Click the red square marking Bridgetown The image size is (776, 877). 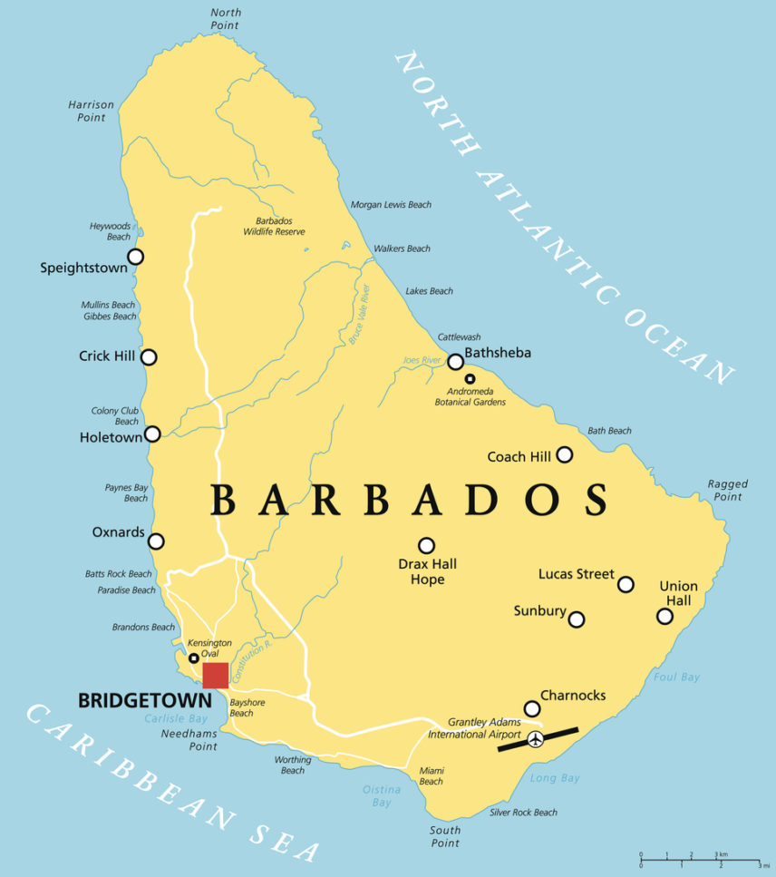click(x=215, y=676)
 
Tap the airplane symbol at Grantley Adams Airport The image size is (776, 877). click(x=536, y=739)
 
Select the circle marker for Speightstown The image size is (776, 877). click(x=135, y=257)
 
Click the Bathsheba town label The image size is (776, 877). click(x=498, y=353)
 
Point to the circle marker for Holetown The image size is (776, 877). click(x=152, y=434)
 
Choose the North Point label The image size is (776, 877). click(x=226, y=19)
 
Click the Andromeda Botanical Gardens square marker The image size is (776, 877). click(x=470, y=379)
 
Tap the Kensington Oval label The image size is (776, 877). click(x=209, y=648)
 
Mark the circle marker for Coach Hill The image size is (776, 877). click(x=565, y=454)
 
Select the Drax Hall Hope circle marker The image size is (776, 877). click(x=426, y=546)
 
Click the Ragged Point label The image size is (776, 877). click(x=727, y=491)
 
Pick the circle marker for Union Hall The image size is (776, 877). click(x=664, y=617)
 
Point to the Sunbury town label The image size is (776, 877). click(x=539, y=611)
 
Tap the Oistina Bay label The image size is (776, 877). click(x=382, y=796)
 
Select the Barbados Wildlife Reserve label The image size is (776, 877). click(x=274, y=226)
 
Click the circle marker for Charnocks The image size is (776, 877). click(x=532, y=708)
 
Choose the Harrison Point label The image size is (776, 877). click(x=92, y=111)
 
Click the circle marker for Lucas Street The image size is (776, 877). click(x=626, y=585)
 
